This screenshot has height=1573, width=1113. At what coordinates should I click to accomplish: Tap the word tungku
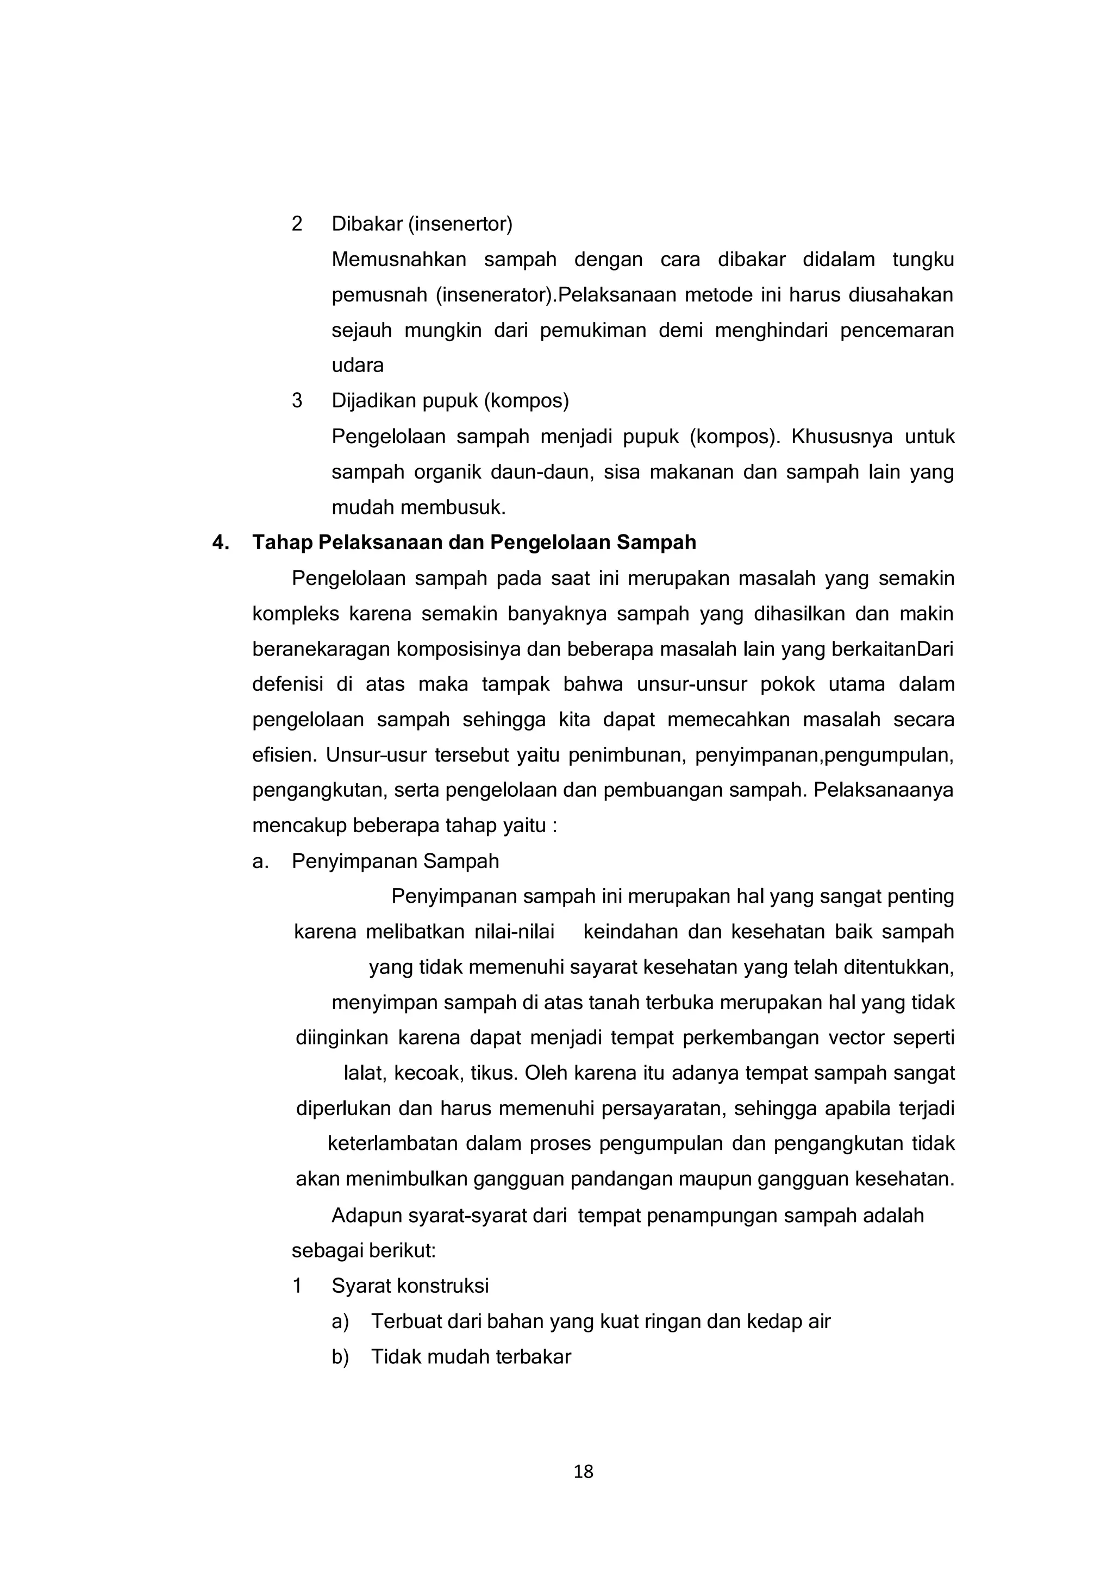[x=923, y=260]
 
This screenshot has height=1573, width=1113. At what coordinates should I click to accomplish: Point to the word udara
[x=358, y=366]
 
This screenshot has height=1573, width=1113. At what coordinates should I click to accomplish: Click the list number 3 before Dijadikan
[x=297, y=401]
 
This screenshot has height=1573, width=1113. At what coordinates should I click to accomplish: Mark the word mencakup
[x=299, y=826]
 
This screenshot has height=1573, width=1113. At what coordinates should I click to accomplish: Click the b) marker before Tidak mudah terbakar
[x=340, y=1357]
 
